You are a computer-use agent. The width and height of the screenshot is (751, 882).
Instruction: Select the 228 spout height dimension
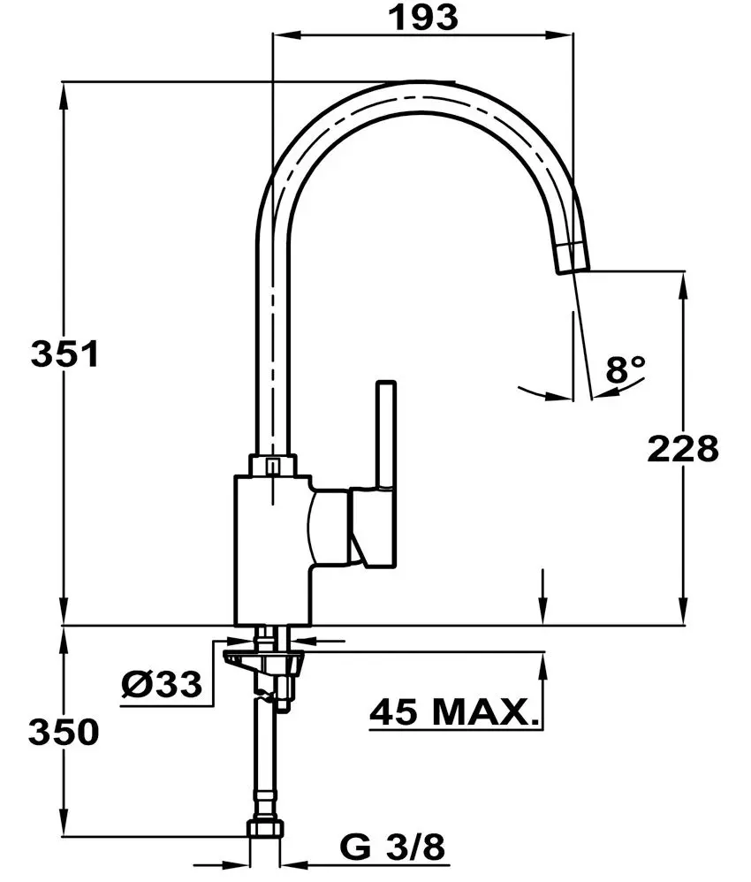pyautogui.click(x=682, y=449)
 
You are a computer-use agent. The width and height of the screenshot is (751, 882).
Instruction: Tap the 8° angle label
pyautogui.click(x=626, y=369)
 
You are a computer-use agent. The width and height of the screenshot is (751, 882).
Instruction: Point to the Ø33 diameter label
pyautogui.click(x=162, y=683)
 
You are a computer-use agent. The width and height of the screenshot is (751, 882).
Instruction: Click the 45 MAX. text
pyautogui.click(x=454, y=711)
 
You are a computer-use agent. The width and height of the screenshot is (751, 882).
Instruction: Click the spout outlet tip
pyautogui.click(x=572, y=260)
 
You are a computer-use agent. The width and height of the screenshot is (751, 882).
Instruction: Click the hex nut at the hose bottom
pyautogui.click(x=268, y=828)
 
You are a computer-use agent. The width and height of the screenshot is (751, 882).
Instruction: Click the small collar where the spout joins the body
pyautogui.click(x=273, y=466)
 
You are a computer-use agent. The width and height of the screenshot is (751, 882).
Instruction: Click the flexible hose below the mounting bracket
pyautogui.click(x=267, y=760)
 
